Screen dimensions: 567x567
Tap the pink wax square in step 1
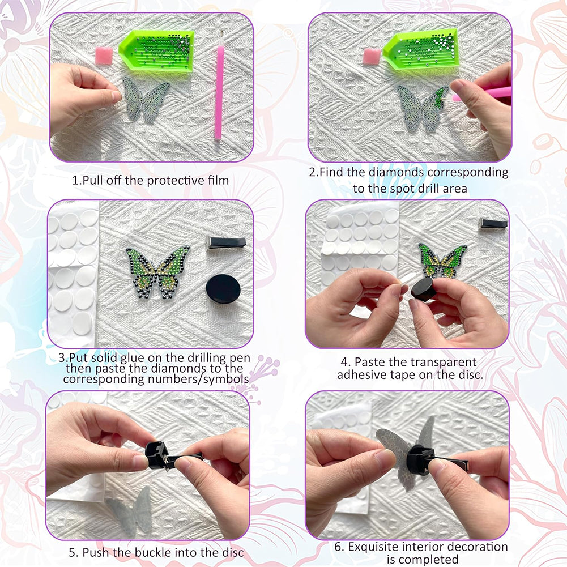point(104,56)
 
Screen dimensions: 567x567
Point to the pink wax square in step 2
point(372,57)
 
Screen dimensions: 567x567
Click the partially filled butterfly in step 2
point(423,107)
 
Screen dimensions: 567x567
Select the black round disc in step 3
point(223,289)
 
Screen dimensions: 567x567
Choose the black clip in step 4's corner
point(493,223)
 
